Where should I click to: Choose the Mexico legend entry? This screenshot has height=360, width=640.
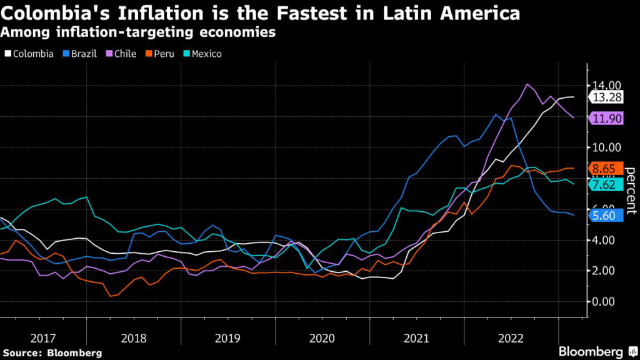pyautogui.click(x=203, y=54)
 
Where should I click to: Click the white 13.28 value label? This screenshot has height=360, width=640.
pyautogui.click(x=607, y=97)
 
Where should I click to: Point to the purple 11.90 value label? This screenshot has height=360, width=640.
pyautogui.click(x=607, y=118)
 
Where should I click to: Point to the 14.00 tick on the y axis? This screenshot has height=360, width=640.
pyautogui.click(x=606, y=85)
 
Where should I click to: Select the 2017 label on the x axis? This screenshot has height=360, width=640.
pyautogui.click(x=43, y=338)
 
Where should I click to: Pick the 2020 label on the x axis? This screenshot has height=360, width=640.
pyautogui.click(x=322, y=338)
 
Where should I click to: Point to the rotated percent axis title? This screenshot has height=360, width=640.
pyautogui.click(x=630, y=191)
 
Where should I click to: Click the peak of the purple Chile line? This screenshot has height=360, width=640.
pyautogui.click(x=527, y=84)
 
